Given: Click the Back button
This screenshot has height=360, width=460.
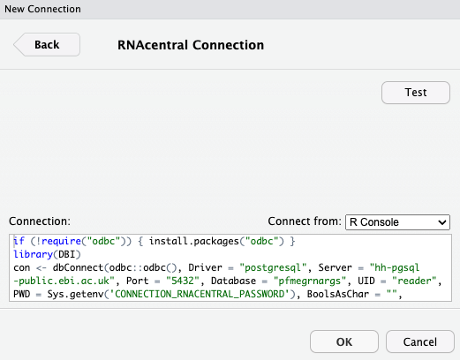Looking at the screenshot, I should [46, 44].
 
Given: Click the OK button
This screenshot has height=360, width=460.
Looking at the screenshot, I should [344, 341].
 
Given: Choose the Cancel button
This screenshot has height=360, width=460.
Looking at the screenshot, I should [420, 341].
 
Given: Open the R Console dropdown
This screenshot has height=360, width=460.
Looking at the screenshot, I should [397, 221].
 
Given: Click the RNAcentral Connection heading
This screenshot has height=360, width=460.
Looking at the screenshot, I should [191, 44].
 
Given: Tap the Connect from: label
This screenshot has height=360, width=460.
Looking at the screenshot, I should [304, 221].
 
